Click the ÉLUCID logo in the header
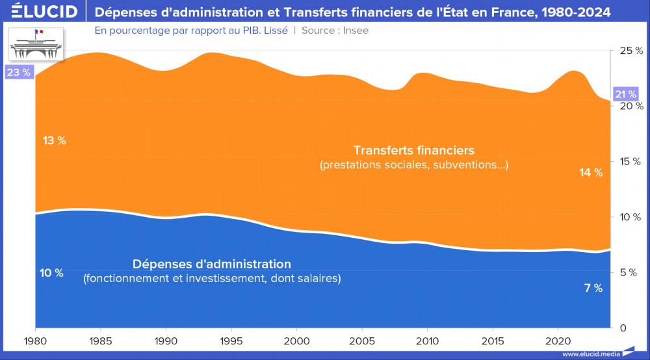pos(40,11)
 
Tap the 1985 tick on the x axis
pos(101,341)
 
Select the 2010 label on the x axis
pos(427,341)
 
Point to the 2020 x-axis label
pos(558,341)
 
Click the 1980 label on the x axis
pos(35,341)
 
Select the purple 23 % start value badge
pos(18,72)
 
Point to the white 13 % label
pos(55,140)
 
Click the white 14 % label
pos(591,172)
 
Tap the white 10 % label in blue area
pos(51,273)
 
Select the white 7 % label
pos(593,288)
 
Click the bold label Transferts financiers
pos(413,150)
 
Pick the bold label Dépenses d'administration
pos(211,264)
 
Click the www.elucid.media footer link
pos(589,354)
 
